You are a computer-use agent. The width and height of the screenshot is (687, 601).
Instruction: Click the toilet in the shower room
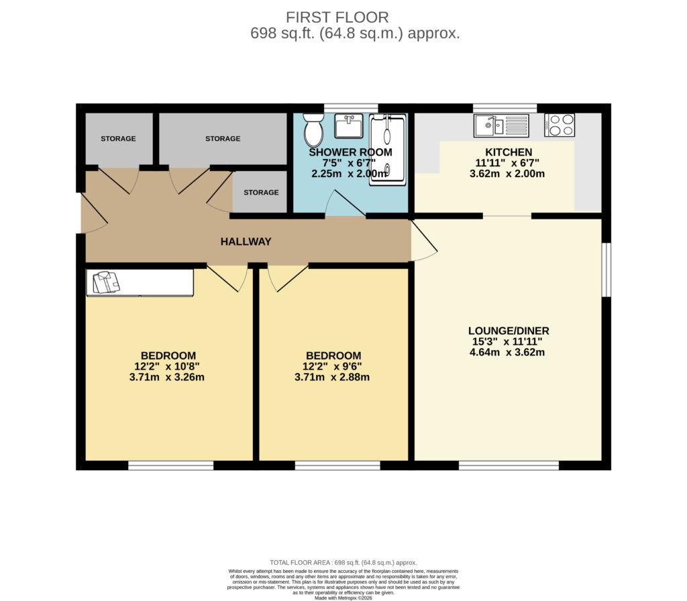point(313,129)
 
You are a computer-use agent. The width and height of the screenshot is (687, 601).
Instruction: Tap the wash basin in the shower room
point(349,125)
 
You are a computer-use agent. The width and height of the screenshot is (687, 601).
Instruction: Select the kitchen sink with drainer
point(502,125)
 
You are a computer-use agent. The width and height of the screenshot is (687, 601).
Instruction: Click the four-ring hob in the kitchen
point(560,125)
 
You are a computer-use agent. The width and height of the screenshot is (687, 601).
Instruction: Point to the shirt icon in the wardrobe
point(106,282)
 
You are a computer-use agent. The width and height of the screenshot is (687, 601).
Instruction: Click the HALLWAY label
point(246,241)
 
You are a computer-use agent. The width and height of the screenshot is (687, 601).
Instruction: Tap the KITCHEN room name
point(509,152)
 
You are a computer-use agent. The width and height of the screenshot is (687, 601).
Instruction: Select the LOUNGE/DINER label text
point(509,331)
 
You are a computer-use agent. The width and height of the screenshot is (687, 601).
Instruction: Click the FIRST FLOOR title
point(337,17)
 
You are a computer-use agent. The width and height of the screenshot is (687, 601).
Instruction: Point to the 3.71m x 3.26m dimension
point(167,377)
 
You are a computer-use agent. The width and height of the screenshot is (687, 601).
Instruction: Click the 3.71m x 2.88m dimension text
point(332,377)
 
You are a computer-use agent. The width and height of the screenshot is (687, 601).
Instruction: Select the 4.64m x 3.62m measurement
point(507,352)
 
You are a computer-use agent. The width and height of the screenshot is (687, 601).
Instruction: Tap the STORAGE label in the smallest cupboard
point(261,193)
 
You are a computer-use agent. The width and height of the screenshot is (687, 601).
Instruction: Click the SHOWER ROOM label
point(350,152)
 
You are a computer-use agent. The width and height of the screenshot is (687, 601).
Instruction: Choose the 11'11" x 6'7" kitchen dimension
point(507,163)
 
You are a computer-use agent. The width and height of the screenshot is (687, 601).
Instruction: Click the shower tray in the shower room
point(388,150)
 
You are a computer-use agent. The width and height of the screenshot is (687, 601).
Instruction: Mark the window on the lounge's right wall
point(606,270)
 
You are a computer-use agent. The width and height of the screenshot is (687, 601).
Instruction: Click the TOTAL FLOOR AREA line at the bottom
point(343,563)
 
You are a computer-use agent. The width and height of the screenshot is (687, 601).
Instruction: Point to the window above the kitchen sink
point(505,108)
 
